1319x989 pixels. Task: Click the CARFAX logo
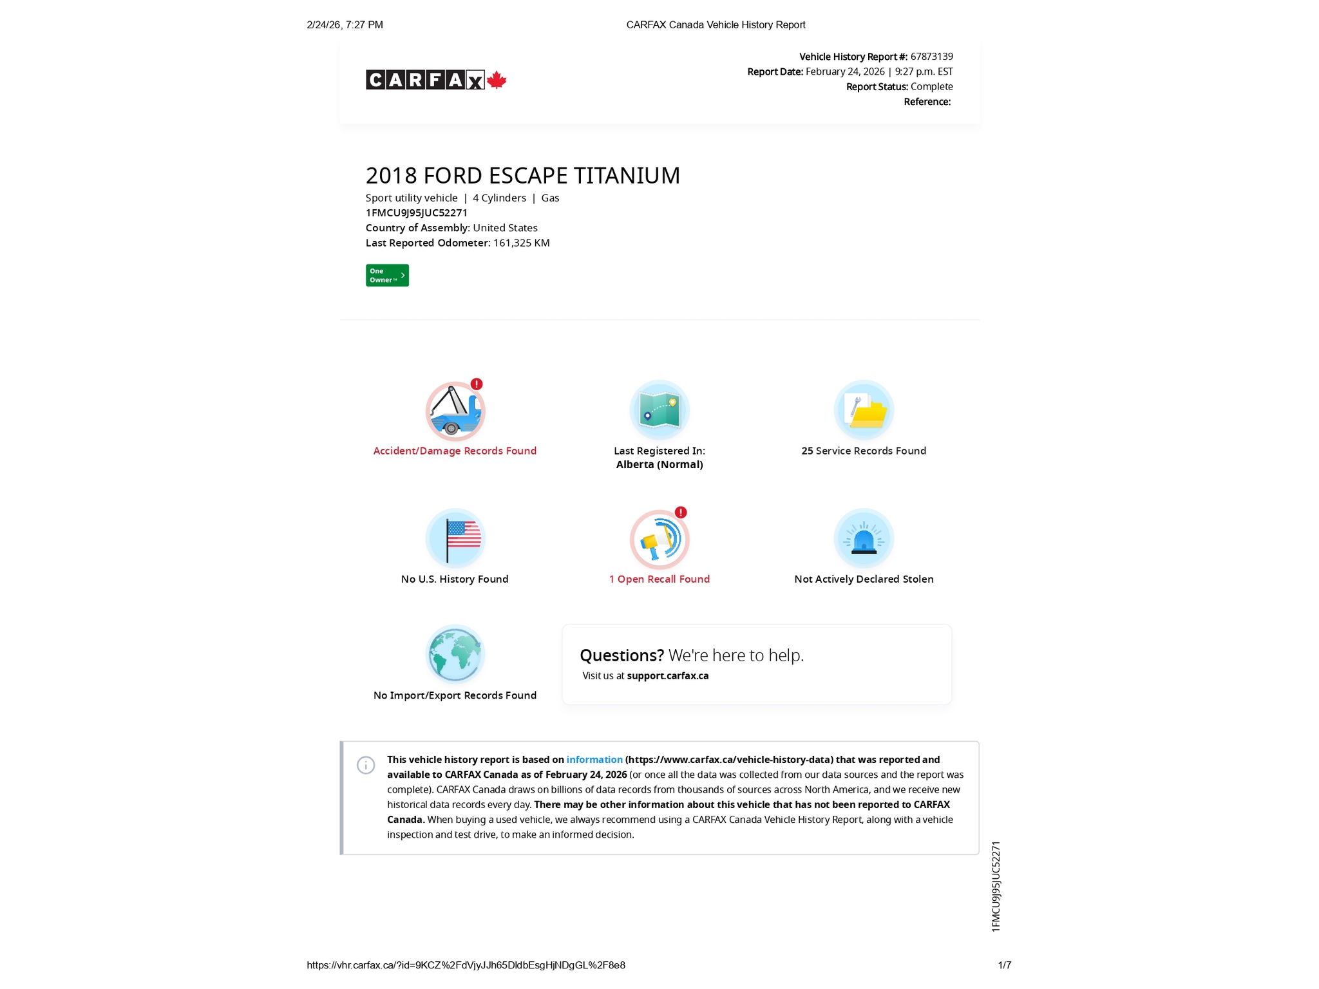click(425, 80)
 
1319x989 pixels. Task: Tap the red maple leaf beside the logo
click(497, 80)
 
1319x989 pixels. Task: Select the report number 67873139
click(931, 57)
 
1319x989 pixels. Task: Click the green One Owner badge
click(387, 276)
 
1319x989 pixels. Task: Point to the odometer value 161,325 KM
click(521, 243)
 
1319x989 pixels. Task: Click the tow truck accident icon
click(455, 411)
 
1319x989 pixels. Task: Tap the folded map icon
click(659, 410)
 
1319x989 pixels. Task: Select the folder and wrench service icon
click(864, 410)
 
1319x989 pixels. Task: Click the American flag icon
click(455, 538)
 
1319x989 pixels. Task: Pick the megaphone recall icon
click(659, 540)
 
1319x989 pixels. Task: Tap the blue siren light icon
click(864, 538)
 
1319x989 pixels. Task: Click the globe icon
click(455, 654)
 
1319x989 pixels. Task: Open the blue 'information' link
click(594, 760)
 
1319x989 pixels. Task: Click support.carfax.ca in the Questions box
click(667, 675)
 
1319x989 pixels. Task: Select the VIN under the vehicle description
click(416, 212)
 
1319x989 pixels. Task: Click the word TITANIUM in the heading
click(627, 176)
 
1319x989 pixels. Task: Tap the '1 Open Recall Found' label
click(659, 579)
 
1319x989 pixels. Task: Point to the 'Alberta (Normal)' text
click(659, 464)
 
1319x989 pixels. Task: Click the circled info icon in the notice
click(366, 765)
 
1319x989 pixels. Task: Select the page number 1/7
click(1004, 965)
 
